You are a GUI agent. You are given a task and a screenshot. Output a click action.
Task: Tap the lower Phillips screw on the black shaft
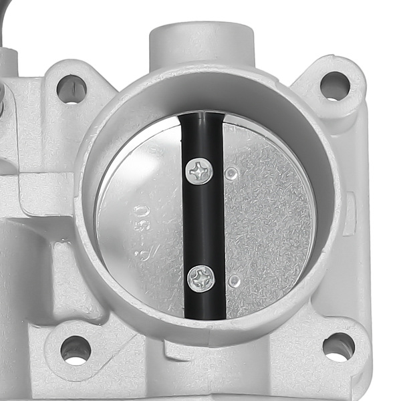(x=201, y=277)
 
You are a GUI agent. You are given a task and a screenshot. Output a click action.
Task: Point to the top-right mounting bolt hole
(x=335, y=86)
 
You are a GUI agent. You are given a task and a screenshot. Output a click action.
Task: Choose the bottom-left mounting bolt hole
(x=76, y=348)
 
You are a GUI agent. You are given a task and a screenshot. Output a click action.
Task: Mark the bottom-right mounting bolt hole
(x=339, y=346)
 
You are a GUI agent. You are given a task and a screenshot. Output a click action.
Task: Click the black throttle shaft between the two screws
(x=203, y=224)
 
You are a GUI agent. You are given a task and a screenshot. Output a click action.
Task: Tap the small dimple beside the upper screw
(x=231, y=174)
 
